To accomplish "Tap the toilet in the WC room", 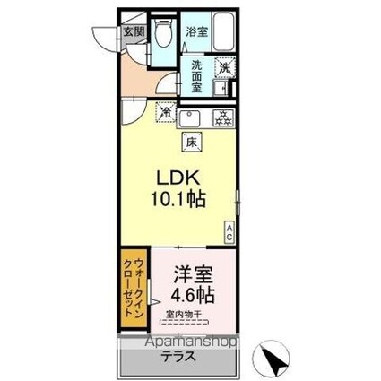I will pyautogui.click(x=163, y=36).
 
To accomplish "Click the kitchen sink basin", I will pyautogui.click(x=190, y=118).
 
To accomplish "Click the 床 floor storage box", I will pyautogui.click(x=192, y=140).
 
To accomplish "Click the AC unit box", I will pyautogui.click(x=229, y=231).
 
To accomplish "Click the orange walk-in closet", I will pyautogui.click(x=137, y=290).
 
